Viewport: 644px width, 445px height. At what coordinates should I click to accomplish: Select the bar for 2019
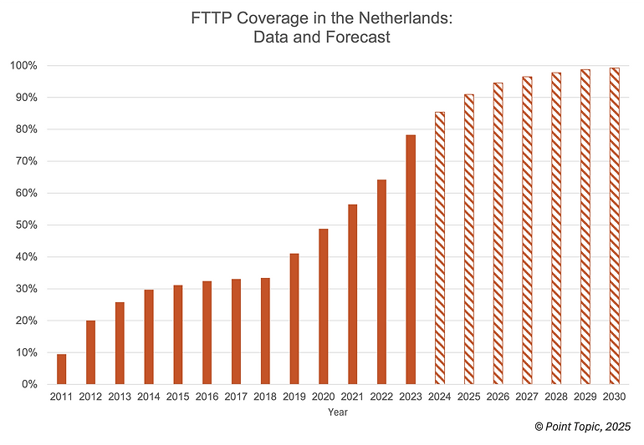(x=294, y=319)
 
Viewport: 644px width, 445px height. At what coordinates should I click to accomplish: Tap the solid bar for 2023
(x=411, y=260)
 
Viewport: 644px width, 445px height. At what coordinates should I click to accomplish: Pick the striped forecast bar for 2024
(x=440, y=248)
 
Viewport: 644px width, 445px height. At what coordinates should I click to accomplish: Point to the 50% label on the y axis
(x=24, y=225)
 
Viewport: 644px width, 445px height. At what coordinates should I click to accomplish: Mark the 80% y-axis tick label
(x=24, y=129)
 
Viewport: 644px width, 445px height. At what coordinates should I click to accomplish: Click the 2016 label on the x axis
(x=207, y=397)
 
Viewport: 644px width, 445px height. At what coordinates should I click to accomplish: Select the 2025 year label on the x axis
(x=468, y=397)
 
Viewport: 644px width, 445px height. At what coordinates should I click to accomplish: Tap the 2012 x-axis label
(x=91, y=397)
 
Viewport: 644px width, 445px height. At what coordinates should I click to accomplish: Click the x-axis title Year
(x=338, y=412)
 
